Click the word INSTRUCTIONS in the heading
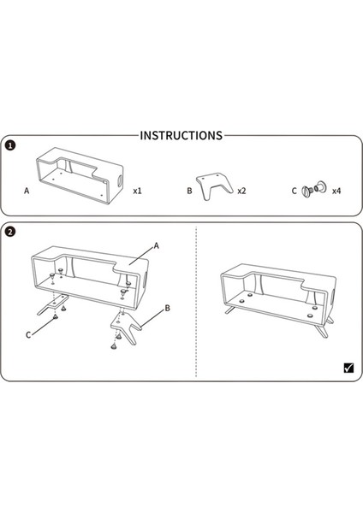[x=181, y=135]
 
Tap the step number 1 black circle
[x=10, y=145]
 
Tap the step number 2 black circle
[x=10, y=232]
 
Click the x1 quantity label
[x=137, y=191]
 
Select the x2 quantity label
[x=241, y=191]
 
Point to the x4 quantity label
[x=336, y=191]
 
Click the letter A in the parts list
[x=27, y=191]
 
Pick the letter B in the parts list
[x=189, y=191]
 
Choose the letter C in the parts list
[x=294, y=191]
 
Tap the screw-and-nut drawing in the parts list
[x=313, y=189]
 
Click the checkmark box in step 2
[x=349, y=368]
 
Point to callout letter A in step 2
[x=157, y=245]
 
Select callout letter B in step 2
[x=168, y=308]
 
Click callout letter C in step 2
[x=28, y=335]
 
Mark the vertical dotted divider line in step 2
[x=196, y=301]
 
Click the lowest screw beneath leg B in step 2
[x=113, y=346]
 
